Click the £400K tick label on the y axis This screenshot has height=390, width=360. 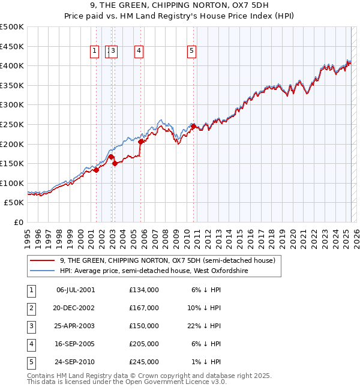point(12,65)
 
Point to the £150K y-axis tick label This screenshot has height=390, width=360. point(12,163)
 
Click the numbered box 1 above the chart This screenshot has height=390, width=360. point(95,52)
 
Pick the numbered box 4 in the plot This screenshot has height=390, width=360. point(139,52)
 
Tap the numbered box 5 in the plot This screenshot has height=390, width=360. point(191,52)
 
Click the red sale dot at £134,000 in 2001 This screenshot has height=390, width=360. point(96,170)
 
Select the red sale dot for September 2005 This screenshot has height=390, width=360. point(141,142)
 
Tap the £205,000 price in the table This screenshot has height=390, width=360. point(144,344)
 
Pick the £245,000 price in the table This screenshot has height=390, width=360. point(144,362)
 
